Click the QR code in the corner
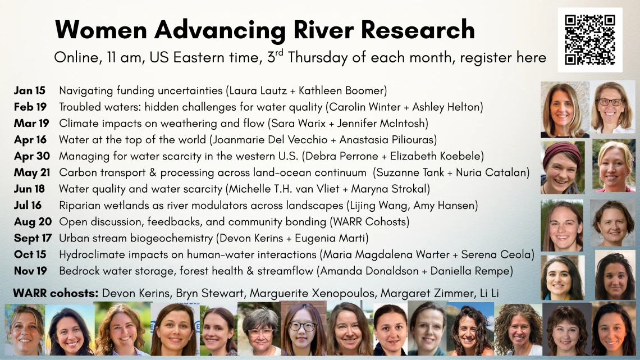[x=590, y=40]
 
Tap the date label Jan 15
[x=31, y=90]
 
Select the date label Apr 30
[x=32, y=156]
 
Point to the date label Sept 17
[x=33, y=238]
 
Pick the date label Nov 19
[x=31, y=271]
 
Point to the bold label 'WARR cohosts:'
[x=57, y=293]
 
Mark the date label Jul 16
[x=29, y=206]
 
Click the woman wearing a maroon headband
[x=561, y=166]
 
